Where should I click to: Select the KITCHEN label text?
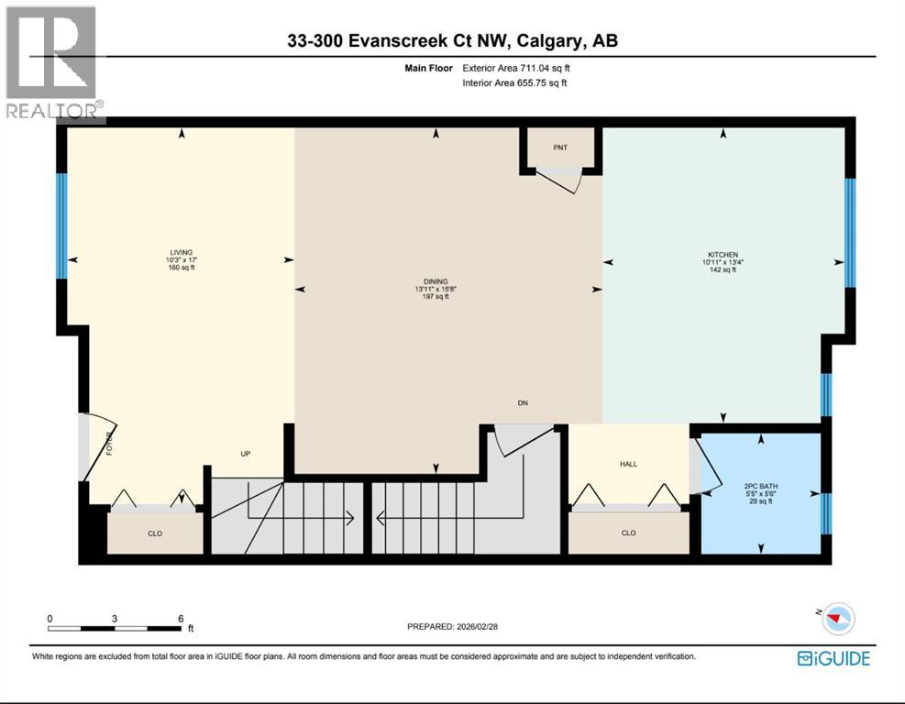(723, 255)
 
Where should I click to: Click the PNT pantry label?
(560, 147)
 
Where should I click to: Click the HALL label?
(628, 465)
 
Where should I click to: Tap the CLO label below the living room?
(155, 533)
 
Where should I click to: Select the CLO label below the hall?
(628, 533)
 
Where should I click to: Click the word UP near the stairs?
(246, 454)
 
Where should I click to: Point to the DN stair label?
(523, 403)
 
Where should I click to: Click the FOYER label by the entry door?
(109, 443)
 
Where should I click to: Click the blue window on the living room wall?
(61, 225)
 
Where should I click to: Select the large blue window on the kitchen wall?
(850, 232)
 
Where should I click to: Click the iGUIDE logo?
(833, 657)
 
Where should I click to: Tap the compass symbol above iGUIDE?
(836, 619)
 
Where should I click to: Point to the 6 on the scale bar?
(181, 618)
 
